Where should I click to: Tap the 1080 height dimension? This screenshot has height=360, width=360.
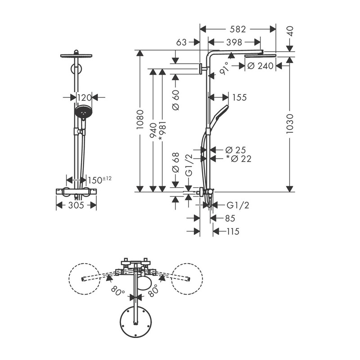tap(140, 120)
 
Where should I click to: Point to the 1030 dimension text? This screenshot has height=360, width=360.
tap(290, 122)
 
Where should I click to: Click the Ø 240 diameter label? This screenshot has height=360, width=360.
tap(261, 66)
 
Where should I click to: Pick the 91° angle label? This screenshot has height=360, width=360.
tap(225, 68)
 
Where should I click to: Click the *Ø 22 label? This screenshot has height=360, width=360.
tap(239, 158)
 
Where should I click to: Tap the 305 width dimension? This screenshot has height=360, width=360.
tap(76, 205)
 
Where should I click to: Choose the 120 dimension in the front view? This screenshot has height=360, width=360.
tap(84, 97)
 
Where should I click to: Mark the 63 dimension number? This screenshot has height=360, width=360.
tap(182, 43)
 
